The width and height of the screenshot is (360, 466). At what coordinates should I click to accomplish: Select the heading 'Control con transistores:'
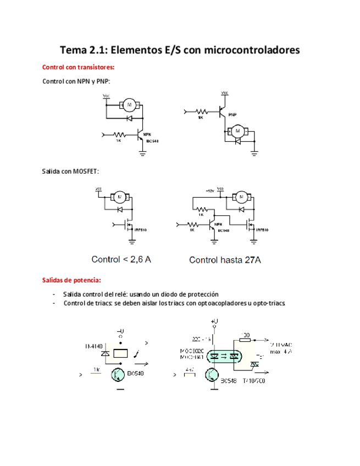[x=79, y=68]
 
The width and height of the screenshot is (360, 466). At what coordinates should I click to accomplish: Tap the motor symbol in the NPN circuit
[x=130, y=104]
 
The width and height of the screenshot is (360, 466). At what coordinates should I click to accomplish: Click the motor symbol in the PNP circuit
[x=238, y=131]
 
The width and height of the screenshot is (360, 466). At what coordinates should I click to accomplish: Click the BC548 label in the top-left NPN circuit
[x=152, y=141]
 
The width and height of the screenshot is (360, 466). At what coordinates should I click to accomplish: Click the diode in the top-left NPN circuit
[x=130, y=118]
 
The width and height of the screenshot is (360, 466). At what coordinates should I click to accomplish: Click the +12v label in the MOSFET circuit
[x=209, y=190]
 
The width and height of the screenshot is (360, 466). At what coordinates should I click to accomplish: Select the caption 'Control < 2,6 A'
[x=121, y=259]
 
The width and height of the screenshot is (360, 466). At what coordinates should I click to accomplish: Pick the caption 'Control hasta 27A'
[x=225, y=260]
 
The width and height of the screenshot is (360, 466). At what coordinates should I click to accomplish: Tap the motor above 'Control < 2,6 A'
[x=119, y=197]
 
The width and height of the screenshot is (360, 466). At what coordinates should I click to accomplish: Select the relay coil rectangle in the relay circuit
[x=120, y=354]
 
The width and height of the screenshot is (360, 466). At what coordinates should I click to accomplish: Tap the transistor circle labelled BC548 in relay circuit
[x=118, y=375]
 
